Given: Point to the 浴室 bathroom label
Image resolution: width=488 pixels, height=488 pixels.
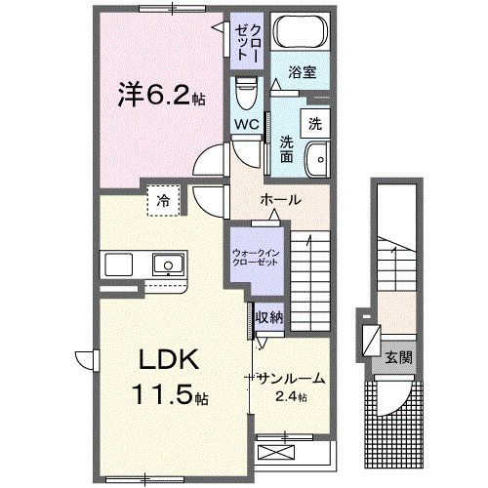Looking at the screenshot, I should coord(301,73).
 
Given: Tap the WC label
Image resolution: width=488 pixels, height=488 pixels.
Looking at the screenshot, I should coord(244,124).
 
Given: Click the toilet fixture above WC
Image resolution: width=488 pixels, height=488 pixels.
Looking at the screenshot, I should coord(244,94).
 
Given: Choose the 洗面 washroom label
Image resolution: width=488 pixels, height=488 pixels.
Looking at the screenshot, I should coord(286,149).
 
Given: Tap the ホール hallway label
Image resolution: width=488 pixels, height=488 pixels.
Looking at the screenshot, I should coord(279,200).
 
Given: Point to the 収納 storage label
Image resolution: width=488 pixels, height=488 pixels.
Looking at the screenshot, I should coord(268,317).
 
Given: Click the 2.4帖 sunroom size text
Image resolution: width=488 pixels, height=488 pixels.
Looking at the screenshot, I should coord(290,396).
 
